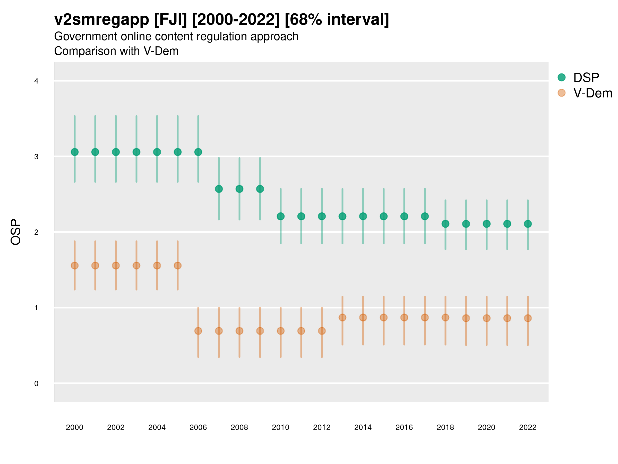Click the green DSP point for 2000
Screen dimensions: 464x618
pyautogui.click(x=75, y=152)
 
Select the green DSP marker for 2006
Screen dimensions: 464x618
pyautogui.click(x=198, y=152)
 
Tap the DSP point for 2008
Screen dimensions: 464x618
pyautogui.click(x=239, y=189)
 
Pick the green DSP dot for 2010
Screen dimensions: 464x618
pyautogui.click(x=280, y=216)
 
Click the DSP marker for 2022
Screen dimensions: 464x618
pyautogui.click(x=528, y=224)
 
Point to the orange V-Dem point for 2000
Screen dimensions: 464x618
pyautogui.click(x=75, y=266)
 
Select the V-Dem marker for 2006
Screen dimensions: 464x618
pyautogui.click(x=198, y=331)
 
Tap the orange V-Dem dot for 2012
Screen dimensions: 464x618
pyautogui.click(x=322, y=331)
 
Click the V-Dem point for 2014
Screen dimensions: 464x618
pyautogui.click(x=363, y=317)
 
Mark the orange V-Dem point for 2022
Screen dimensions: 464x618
pyautogui.click(x=528, y=318)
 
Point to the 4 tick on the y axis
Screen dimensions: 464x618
pyautogui.click(x=36, y=81)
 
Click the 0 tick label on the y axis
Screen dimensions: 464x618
pyautogui.click(x=36, y=384)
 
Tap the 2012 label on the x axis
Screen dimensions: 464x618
pyautogui.click(x=322, y=427)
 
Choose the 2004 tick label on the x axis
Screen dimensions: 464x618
pyautogui.click(x=157, y=427)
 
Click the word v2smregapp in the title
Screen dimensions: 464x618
pyautogui.click(x=102, y=20)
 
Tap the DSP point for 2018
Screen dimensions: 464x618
pyautogui.click(x=445, y=224)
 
